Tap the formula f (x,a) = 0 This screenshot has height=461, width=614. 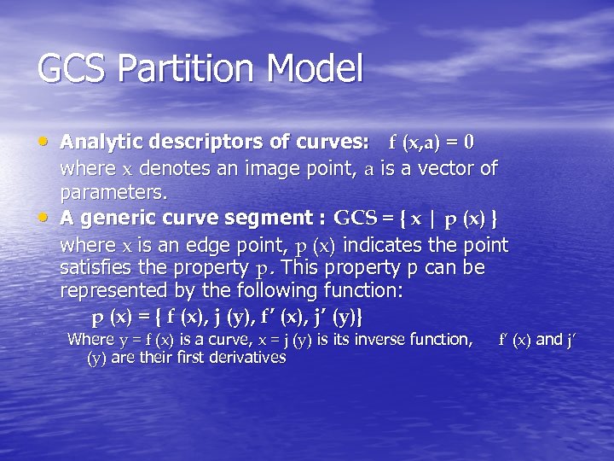click(x=432, y=141)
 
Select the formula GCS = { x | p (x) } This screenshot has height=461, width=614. click(x=417, y=218)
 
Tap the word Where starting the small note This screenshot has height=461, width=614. click(x=90, y=339)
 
